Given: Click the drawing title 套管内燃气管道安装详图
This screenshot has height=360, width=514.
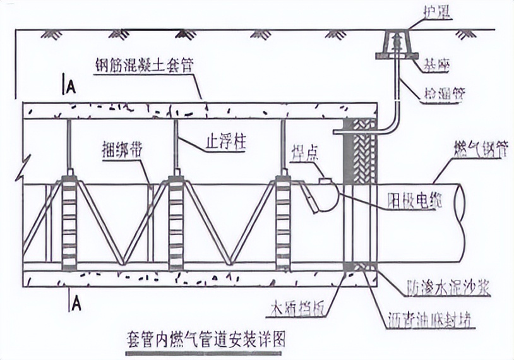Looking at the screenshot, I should tap(206, 339).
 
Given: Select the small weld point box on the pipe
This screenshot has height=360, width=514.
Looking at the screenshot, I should tap(326, 181).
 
